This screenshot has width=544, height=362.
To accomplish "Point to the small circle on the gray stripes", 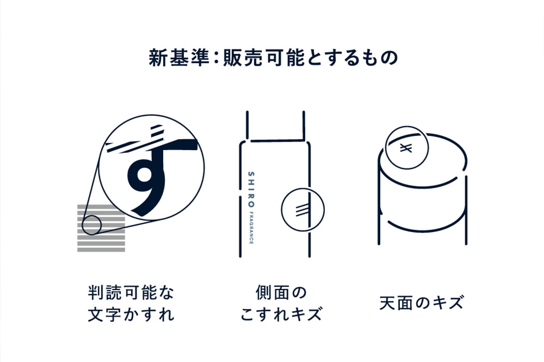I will tap(92, 225).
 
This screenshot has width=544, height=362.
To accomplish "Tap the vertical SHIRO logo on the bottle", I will tap(251, 189).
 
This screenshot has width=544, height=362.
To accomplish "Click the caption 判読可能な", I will tap(131, 293).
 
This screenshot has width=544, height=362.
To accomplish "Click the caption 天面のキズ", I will tap(421, 303).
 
